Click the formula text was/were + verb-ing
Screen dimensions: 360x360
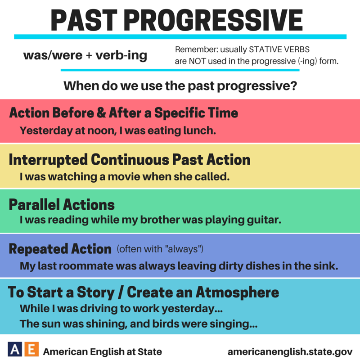(85, 56)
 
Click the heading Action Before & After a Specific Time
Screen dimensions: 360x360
(123, 112)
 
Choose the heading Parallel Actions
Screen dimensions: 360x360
(62, 205)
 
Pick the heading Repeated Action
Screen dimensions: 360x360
(60, 248)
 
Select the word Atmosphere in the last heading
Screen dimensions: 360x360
(237, 292)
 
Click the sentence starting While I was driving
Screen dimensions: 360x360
(121, 310)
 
